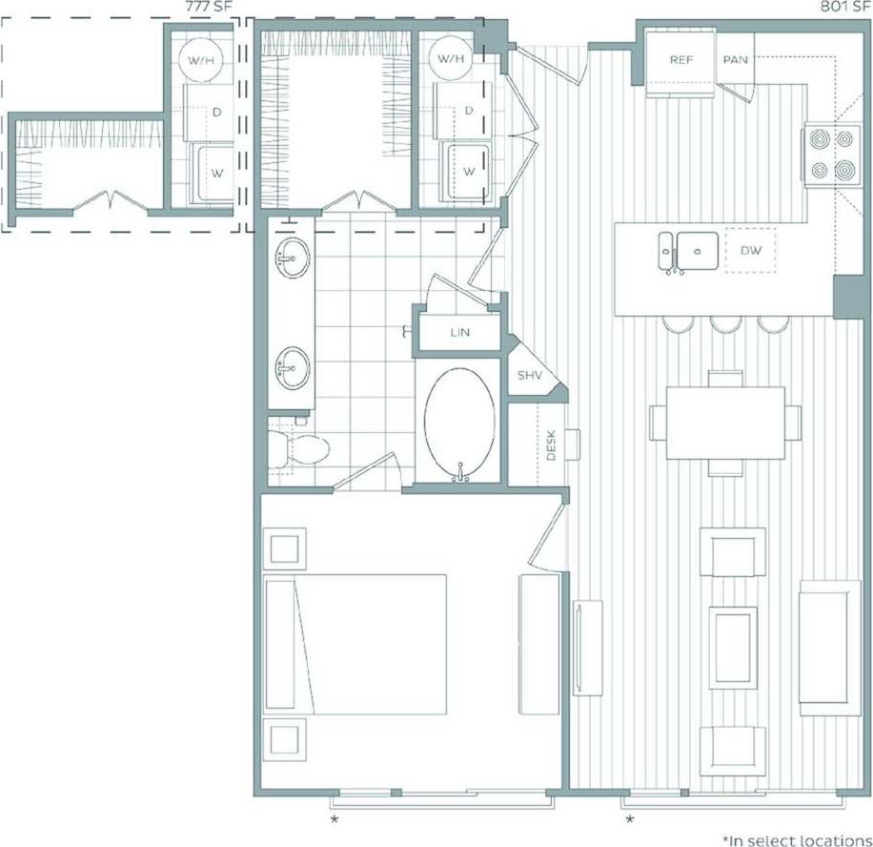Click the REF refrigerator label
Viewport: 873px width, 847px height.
pyautogui.click(x=680, y=59)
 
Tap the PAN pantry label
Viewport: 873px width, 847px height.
pyautogui.click(x=735, y=59)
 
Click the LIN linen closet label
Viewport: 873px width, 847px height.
pyautogui.click(x=459, y=333)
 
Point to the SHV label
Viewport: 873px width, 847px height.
pyautogui.click(x=530, y=375)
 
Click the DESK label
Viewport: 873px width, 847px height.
pyautogui.click(x=551, y=444)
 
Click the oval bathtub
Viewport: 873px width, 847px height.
pyautogui.click(x=459, y=423)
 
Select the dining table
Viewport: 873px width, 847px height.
pyautogui.click(x=725, y=422)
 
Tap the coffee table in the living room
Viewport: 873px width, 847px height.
pyautogui.click(x=732, y=647)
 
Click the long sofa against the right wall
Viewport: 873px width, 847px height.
pyautogui.click(x=829, y=647)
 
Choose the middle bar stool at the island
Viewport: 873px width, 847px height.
pyautogui.click(x=725, y=325)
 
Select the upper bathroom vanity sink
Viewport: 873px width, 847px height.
pyautogui.click(x=293, y=258)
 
